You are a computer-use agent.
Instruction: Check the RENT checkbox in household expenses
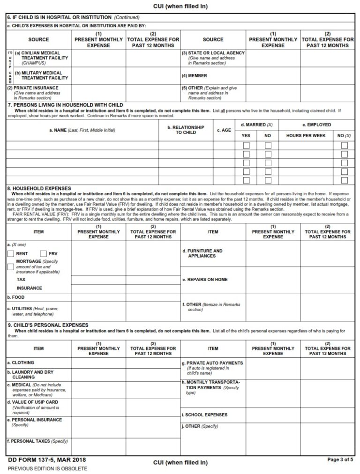(11, 253)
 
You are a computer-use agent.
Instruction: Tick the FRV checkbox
(44, 253)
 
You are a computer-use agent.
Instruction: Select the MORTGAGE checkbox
(11, 267)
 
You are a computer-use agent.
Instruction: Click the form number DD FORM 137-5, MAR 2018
(46, 459)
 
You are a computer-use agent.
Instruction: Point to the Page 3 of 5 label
(340, 459)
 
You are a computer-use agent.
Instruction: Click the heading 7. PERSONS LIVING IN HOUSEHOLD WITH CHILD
(65, 105)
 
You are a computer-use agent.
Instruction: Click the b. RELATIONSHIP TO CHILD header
(186, 130)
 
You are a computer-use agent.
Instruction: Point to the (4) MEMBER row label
(194, 75)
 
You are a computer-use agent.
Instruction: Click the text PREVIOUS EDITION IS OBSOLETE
(48, 468)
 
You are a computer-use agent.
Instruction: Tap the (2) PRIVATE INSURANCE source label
(33, 88)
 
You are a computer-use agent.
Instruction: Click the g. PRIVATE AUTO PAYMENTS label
(212, 363)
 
